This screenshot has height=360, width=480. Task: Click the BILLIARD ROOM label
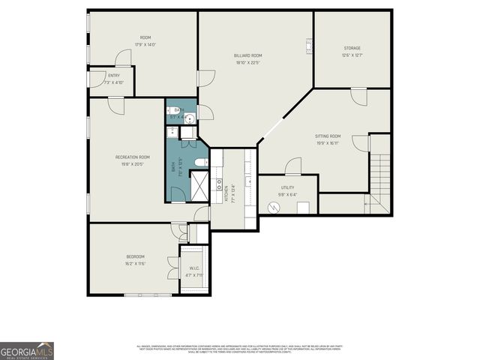pyautogui.click(x=247, y=55)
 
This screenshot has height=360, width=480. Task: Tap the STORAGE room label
pyautogui.click(x=352, y=48)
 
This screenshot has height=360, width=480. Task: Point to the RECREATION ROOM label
pyautogui.click(x=133, y=157)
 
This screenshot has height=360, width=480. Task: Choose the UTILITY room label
pyautogui.click(x=287, y=187)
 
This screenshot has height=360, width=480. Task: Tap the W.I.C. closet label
pyautogui.click(x=193, y=268)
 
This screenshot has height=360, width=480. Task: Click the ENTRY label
pyautogui.click(x=114, y=75)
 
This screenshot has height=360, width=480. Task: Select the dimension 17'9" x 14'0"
pyautogui.click(x=145, y=45)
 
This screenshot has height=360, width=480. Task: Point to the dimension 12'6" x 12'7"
pyautogui.click(x=352, y=55)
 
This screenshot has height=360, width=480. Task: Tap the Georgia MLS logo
pyautogui.click(x=27, y=350)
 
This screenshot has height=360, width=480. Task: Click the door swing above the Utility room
pyautogui.click(x=293, y=166)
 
